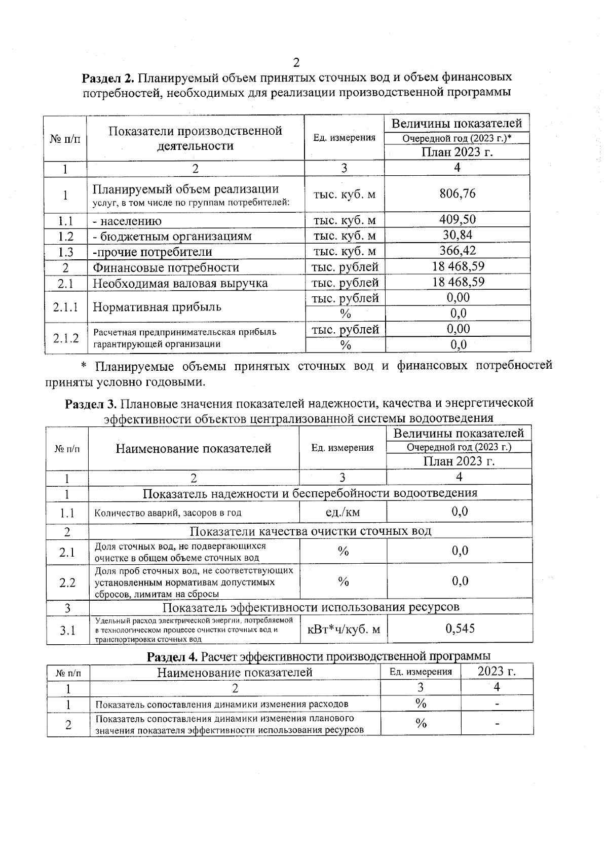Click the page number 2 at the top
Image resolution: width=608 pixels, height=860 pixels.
tap(296, 63)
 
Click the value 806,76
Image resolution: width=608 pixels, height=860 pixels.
tap(457, 193)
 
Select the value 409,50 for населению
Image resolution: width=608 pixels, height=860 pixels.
tap(457, 219)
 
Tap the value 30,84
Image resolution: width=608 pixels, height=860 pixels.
tap(457, 235)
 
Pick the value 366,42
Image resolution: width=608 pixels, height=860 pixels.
tap(457, 251)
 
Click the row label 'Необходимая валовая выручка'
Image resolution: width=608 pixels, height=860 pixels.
tap(180, 283)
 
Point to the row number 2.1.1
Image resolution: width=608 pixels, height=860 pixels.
tap(66, 306)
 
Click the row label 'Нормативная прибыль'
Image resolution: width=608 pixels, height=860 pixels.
tap(157, 307)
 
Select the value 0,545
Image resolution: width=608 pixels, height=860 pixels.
tap(460, 629)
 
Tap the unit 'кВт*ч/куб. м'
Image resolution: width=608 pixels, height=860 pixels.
tap(344, 630)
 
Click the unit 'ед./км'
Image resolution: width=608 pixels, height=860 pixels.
tap(343, 512)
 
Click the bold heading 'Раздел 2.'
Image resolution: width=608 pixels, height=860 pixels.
tap(107, 77)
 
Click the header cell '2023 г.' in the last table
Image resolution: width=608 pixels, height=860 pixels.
tap(497, 672)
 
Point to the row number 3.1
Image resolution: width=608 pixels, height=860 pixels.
tap(67, 630)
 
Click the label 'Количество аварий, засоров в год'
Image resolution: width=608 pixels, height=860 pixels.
tap(168, 513)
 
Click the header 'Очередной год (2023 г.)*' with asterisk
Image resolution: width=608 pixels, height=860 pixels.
tap(457, 138)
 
